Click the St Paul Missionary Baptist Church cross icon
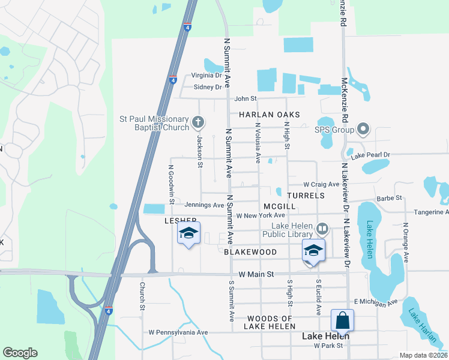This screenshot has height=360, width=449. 198,124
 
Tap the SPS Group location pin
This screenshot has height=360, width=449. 363,129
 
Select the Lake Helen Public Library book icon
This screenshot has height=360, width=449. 322,228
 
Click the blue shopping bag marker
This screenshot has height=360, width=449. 342,320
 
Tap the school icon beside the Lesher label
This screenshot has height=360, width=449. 188,234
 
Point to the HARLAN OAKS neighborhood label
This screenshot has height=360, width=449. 269,114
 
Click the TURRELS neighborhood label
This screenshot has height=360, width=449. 306,196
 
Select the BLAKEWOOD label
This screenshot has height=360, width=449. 250,252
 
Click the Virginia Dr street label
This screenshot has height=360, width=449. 206,76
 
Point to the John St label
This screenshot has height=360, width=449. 246,98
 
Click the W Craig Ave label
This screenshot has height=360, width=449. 321,184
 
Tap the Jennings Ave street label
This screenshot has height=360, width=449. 204,205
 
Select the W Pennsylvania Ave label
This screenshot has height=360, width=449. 178,332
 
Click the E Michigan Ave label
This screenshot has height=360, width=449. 376,302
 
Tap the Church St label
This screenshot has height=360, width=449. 142,296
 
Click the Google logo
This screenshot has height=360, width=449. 20,353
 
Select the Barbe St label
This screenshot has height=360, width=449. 388,198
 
